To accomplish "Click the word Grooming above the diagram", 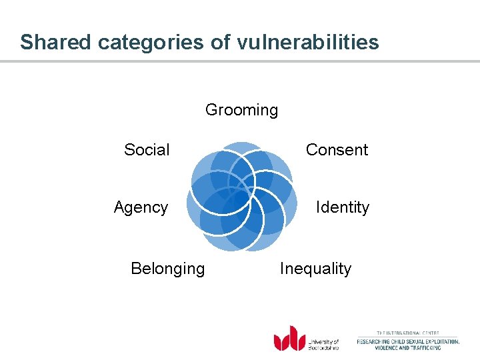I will pyautogui.click(x=241, y=110).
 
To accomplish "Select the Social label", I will pyautogui.click(x=147, y=150).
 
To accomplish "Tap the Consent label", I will pyautogui.click(x=337, y=150).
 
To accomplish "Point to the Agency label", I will pyautogui.click(x=141, y=207).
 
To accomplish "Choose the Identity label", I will pyautogui.click(x=342, y=207).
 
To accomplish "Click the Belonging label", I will pyautogui.click(x=168, y=269).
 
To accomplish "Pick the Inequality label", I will pyautogui.click(x=315, y=269).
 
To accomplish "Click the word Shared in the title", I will pyautogui.click(x=56, y=43).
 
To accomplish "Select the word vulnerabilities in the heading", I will pyautogui.click(x=307, y=43).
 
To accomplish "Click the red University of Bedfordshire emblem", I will pyautogui.click(x=289, y=338).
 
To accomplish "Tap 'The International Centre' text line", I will pyautogui.click(x=408, y=333).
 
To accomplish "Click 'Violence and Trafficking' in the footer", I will pyautogui.click(x=408, y=348).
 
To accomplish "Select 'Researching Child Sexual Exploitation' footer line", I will pyautogui.click(x=408, y=341).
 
